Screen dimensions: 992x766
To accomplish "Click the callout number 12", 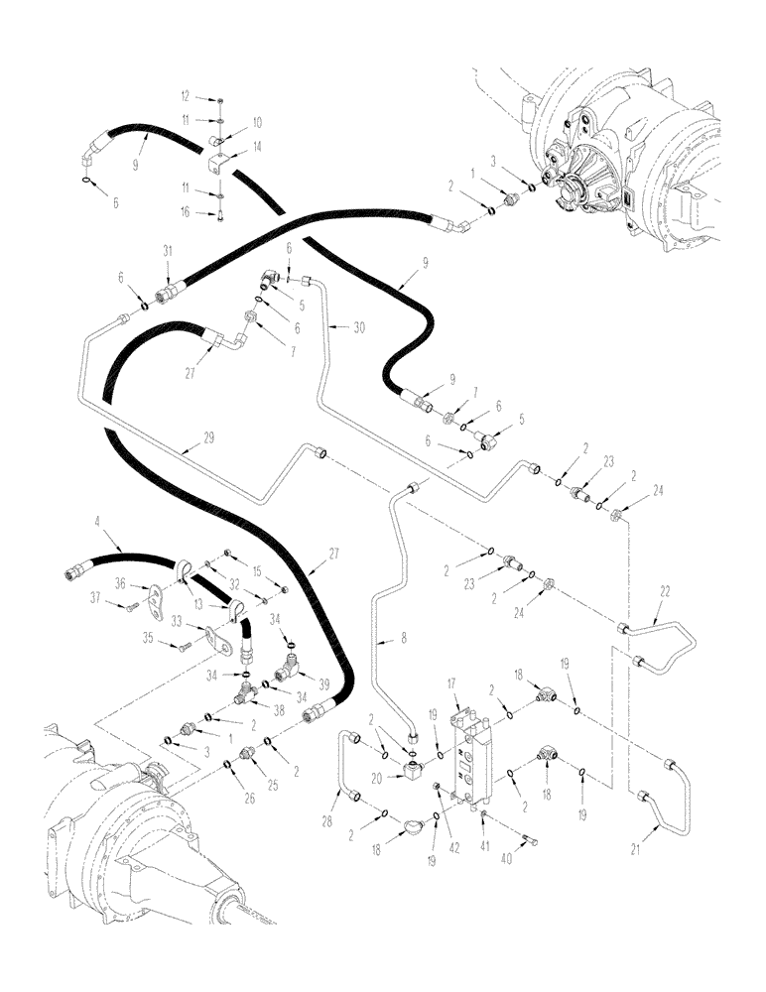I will pos(185,96).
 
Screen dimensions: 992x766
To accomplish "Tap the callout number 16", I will pos(185,212).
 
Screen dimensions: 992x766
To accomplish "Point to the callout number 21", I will pos(636,849).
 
